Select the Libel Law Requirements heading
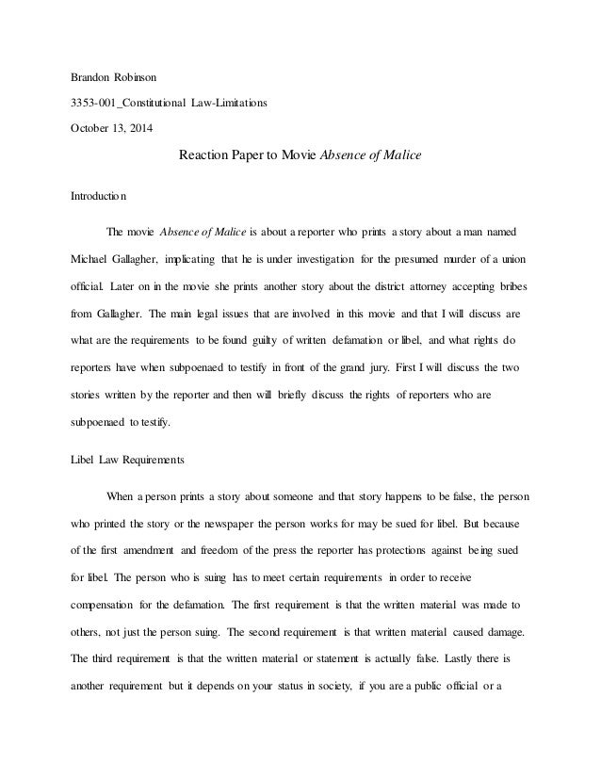pyautogui.click(x=127, y=462)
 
